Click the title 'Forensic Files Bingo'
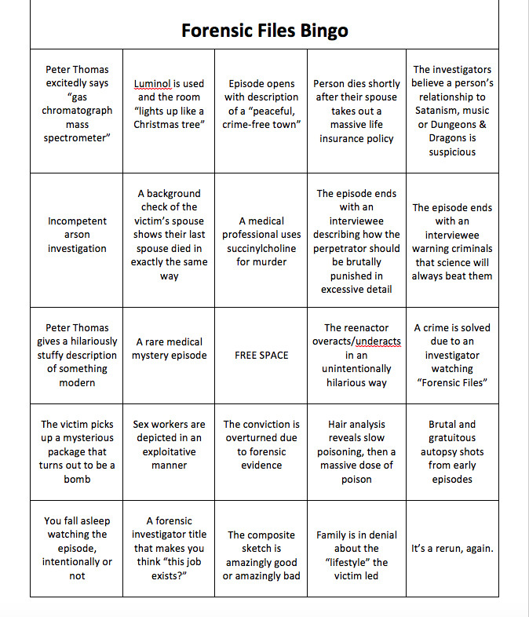coord(264,31)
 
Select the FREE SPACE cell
coord(261,355)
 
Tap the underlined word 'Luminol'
coord(152,83)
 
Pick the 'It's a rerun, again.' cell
coord(452,548)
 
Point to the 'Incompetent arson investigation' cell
coord(77,235)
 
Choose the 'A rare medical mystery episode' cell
coord(169,349)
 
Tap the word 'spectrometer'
coord(77,138)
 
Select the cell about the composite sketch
coord(261,555)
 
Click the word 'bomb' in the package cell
coord(77,479)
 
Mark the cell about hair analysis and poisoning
coord(356,451)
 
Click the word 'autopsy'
coord(433,451)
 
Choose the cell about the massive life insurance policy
coord(356,111)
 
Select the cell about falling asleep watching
coord(77,548)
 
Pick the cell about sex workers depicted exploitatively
coord(169,444)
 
